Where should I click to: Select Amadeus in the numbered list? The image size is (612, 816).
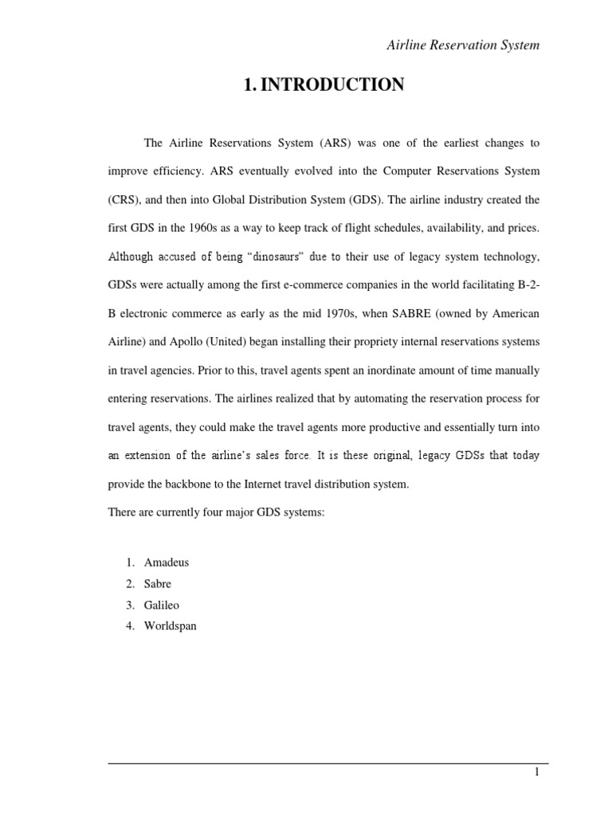(x=166, y=563)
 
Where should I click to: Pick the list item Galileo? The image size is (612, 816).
(x=162, y=605)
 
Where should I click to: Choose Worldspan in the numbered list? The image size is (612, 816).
(x=170, y=626)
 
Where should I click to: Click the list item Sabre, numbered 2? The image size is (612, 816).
(x=158, y=584)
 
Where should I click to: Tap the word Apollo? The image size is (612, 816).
(x=184, y=342)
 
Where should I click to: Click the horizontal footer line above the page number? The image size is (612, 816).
(x=328, y=763)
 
